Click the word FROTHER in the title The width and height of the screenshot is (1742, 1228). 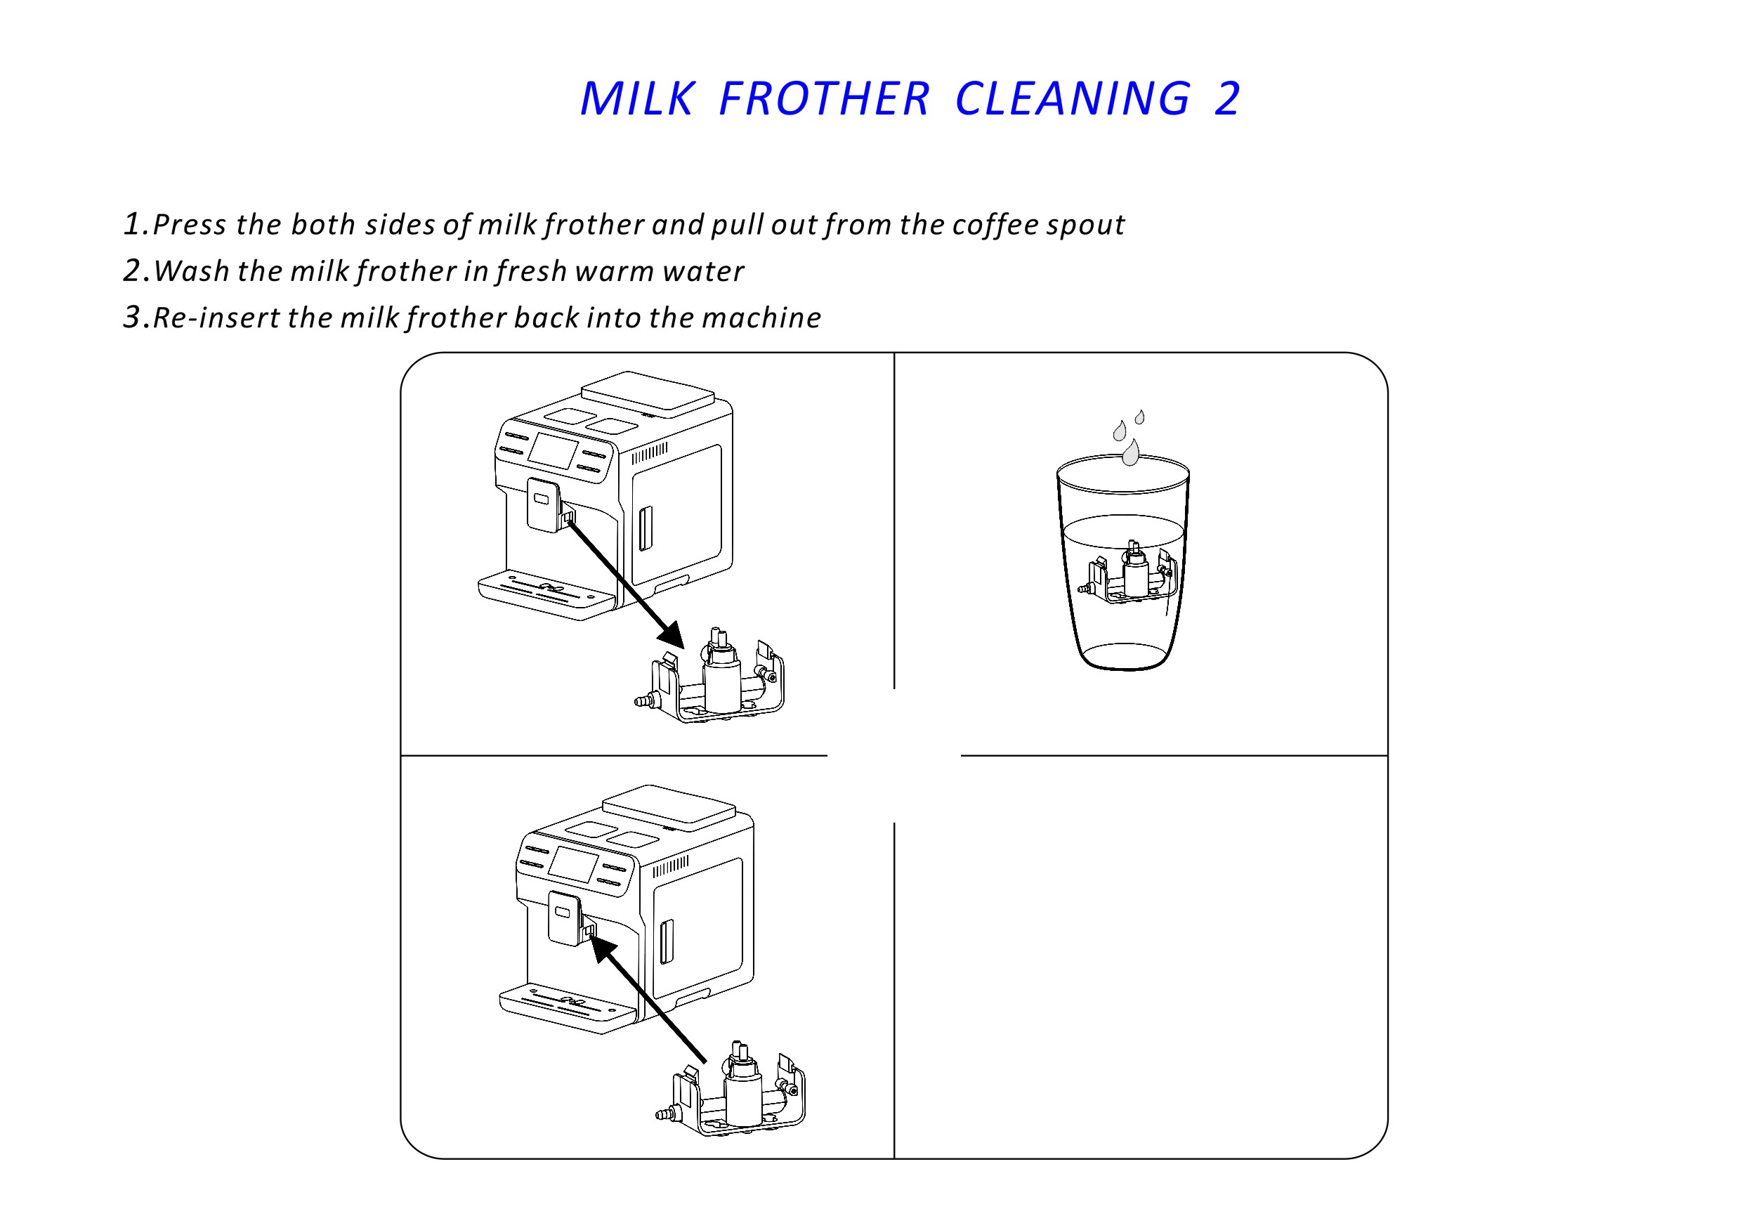pyautogui.click(x=824, y=98)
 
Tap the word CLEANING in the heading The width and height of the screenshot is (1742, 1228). pyautogui.click(x=1073, y=98)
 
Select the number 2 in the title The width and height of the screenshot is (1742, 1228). pyautogui.click(x=1227, y=98)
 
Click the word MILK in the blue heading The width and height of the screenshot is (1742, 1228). pyautogui.click(x=637, y=98)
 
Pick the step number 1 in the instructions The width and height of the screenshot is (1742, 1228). pyautogui.click(x=133, y=224)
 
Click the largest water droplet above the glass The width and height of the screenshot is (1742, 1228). pyautogui.click(x=1130, y=452)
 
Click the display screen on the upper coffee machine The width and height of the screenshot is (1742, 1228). pyautogui.click(x=553, y=451)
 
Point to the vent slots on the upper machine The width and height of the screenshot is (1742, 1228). pyautogui.click(x=650, y=453)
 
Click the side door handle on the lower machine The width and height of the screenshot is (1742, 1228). pyautogui.click(x=667, y=942)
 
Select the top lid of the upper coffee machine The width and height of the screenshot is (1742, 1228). pyautogui.click(x=648, y=391)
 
